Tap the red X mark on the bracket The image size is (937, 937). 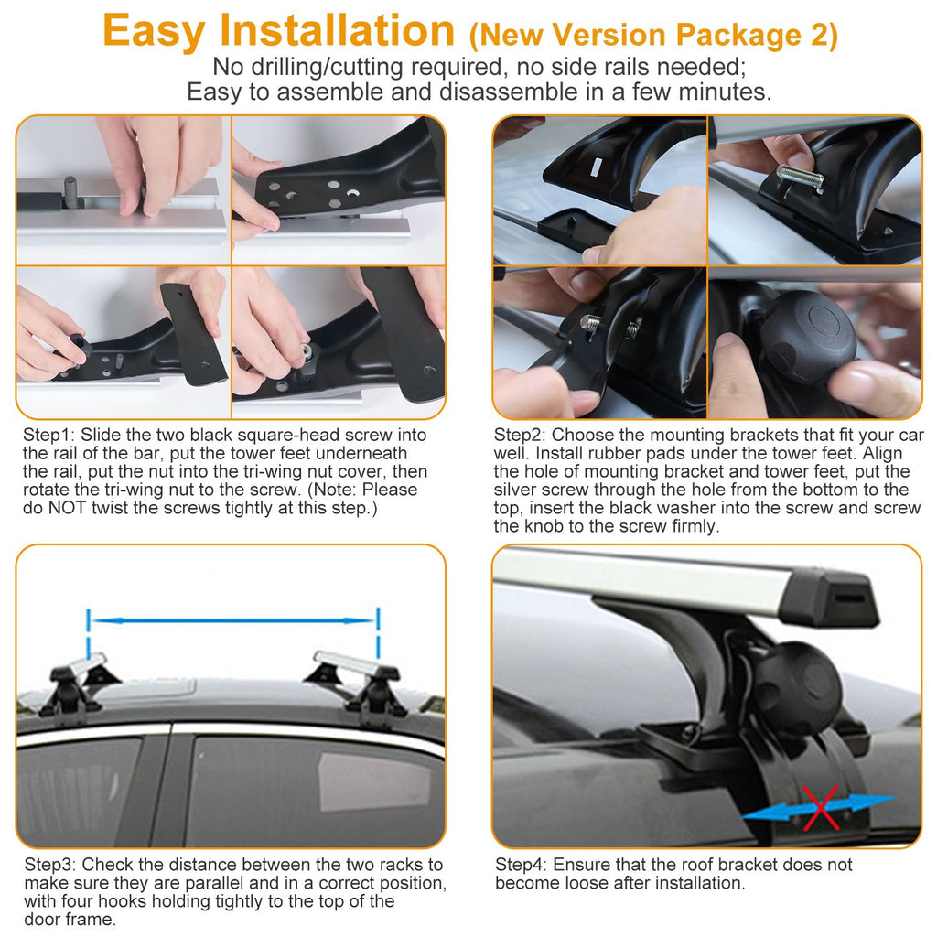point(818,806)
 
